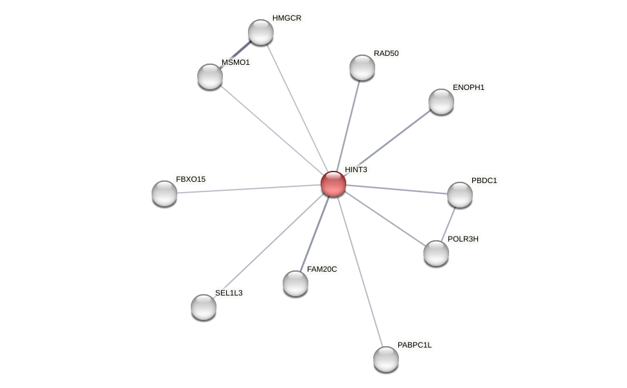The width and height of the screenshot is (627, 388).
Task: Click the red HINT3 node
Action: click(x=333, y=184)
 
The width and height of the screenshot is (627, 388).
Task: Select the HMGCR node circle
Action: click(x=261, y=32)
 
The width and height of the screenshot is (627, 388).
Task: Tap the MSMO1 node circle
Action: click(x=210, y=76)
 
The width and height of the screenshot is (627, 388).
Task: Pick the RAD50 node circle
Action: click(x=362, y=67)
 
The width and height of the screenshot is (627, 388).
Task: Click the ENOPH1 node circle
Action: click(x=441, y=101)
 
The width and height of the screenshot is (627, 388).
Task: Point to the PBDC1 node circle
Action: click(x=460, y=195)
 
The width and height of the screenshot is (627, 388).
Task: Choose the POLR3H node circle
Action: click(x=436, y=253)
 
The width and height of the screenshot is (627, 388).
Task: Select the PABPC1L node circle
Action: click(x=386, y=359)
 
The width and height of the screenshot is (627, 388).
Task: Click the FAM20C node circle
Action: click(x=296, y=283)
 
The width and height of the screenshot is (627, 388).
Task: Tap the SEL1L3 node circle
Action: click(x=204, y=307)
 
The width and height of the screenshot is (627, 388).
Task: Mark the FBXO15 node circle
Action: click(x=164, y=193)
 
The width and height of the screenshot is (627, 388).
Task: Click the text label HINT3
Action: click(x=356, y=170)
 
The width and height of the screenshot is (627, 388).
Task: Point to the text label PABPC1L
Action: click(x=414, y=345)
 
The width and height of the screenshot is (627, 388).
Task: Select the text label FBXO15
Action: click(x=191, y=179)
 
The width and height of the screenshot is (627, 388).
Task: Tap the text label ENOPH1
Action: click(x=468, y=87)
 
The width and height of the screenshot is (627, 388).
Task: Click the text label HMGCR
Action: click(x=287, y=18)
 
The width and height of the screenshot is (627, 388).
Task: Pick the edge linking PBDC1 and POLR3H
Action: click(x=448, y=224)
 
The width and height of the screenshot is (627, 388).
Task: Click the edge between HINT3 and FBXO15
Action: click(x=249, y=189)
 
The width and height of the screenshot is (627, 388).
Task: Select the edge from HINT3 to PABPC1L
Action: click(x=360, y=271)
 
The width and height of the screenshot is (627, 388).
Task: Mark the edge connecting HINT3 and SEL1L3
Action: click(x=269, y=245)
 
